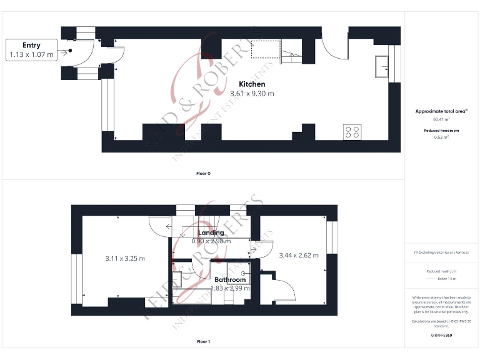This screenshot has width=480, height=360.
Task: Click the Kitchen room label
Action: tap(252, 84)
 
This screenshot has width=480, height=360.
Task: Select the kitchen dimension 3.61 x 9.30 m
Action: tap(252, 94)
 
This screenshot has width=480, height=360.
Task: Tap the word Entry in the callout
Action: tap(31, 45)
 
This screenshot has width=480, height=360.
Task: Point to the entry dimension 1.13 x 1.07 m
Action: tap(31, 55)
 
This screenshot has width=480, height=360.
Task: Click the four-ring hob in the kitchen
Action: tap(352, 132)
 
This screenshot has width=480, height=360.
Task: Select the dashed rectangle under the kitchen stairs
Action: tap(265, 49)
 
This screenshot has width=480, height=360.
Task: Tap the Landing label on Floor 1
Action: tap(211, 232)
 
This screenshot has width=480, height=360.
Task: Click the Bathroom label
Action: tap(229, 279)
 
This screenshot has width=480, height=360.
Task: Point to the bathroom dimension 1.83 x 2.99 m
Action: tap(230, 288)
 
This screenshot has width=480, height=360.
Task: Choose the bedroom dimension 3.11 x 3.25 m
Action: tap(125, 258)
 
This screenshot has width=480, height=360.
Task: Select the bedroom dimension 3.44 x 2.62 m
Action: tap(298, 255)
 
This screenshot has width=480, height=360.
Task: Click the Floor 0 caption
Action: tap(203, 173)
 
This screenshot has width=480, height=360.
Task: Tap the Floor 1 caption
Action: tap(203, 342)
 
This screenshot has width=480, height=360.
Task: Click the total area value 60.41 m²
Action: tap(441, 119)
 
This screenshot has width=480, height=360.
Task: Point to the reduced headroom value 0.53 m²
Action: tap(441, 137)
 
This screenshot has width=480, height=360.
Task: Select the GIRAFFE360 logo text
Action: tap(441, 336)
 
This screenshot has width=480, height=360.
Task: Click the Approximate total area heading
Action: tap(441, 111)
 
